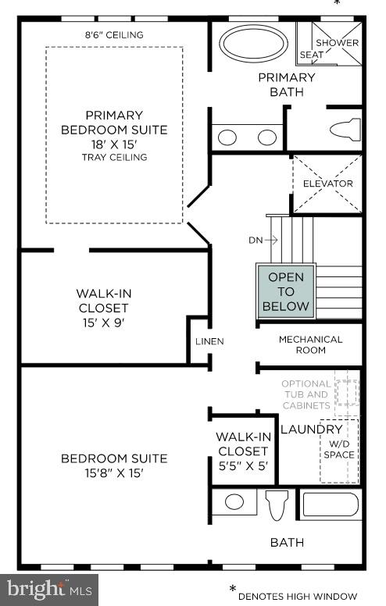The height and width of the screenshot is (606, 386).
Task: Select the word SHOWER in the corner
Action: coord(337,43)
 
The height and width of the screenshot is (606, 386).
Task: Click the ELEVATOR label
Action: coord(327,184)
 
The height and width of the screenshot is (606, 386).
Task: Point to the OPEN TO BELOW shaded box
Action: coord(286,291)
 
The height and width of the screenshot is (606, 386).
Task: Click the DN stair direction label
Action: coord(256,241)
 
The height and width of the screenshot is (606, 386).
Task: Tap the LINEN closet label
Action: coord(209,341)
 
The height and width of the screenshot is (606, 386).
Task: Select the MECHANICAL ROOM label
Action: coord(310,344)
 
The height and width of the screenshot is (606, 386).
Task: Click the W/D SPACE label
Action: coord(338,450)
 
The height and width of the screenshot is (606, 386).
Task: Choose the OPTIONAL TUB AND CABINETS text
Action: coord(306,394)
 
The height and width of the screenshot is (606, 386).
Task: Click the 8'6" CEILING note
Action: coord(114,35)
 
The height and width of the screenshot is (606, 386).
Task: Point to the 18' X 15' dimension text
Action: coord(115,144)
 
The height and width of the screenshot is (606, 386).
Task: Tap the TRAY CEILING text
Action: coord(115,158)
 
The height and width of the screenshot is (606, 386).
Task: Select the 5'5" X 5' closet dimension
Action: coord(242,465)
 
